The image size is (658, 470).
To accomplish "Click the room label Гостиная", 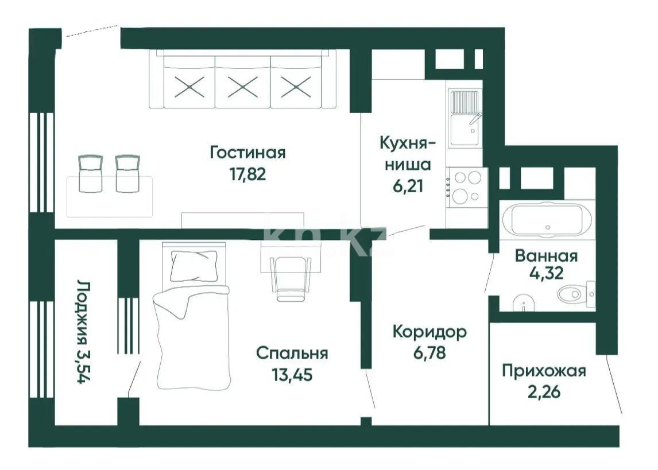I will click(x=247, y=153).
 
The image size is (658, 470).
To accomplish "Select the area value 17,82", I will click(x=247, y=174).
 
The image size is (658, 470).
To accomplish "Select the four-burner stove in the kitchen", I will click(x=466, y=186).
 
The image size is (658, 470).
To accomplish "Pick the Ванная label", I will click(x=546, y=255).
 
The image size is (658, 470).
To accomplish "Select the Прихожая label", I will click(x=544, y=371).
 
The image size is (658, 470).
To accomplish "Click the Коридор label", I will click(x=429, y=332).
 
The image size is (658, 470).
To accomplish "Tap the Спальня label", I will click(x=292, y=353).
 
